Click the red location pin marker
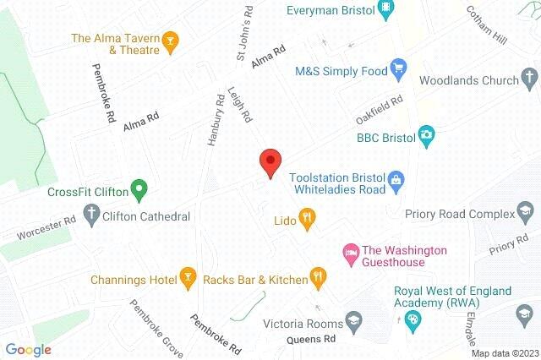270,160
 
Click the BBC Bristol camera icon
427,135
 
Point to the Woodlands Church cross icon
529,80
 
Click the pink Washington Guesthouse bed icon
347,252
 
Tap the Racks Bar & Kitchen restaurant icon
318,276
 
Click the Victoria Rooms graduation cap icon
353,322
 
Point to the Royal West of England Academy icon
413,319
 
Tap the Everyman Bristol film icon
387,10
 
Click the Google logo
28,349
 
